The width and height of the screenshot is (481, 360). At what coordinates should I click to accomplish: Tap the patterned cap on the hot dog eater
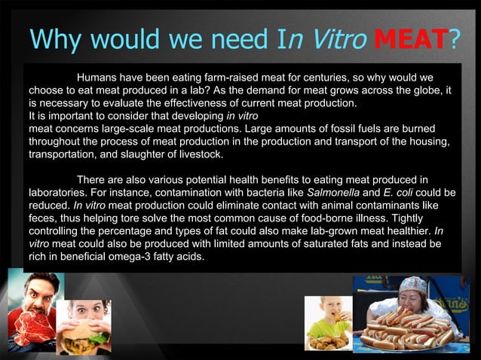pos(413,285)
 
